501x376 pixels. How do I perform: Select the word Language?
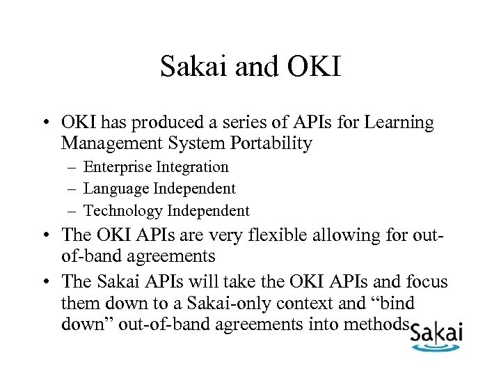pos(115,189)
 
